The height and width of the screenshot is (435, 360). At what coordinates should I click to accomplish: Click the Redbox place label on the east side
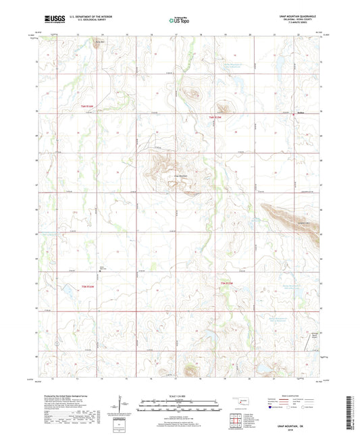tap(302, 113)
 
